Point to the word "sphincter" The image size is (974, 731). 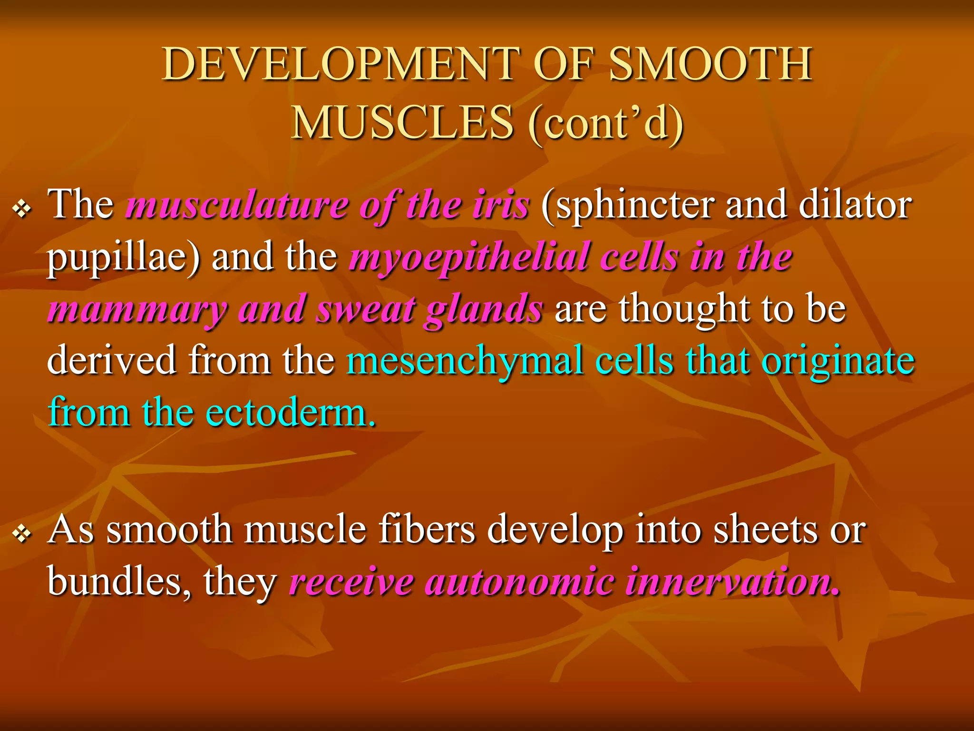coord(628,206)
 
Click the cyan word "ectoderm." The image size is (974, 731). coord(291,412)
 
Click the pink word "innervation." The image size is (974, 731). coord(733,582)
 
